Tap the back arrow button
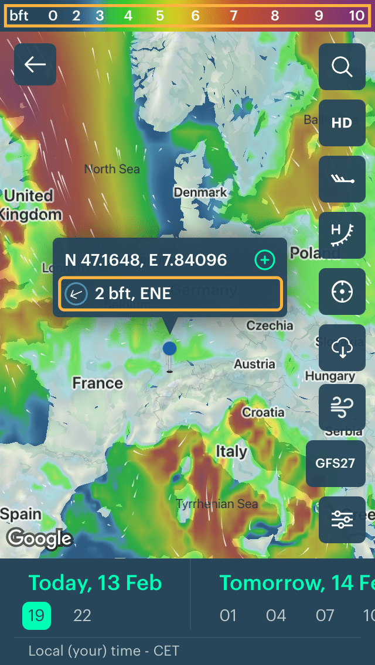click(35, 64)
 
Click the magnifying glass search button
click(342, 67)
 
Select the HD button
click(342, 122)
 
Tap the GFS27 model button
click(335, 463)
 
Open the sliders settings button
click(342, 519)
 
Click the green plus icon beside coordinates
click(265, 260)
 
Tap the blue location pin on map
click(169, 349)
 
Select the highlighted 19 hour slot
click(36, 615)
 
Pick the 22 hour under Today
click(82, 615)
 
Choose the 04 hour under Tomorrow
click(276, 615)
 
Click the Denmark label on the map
click(200, 192)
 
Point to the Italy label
click(231, 451)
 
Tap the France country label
click(97, 383)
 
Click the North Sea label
click(112, 169)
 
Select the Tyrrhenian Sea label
click(217, 503)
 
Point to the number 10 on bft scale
click(357, 16)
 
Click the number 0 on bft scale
click(53, 16)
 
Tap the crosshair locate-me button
click(342, 292)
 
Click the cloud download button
click(342, 348)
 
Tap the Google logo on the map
click(39, 537)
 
